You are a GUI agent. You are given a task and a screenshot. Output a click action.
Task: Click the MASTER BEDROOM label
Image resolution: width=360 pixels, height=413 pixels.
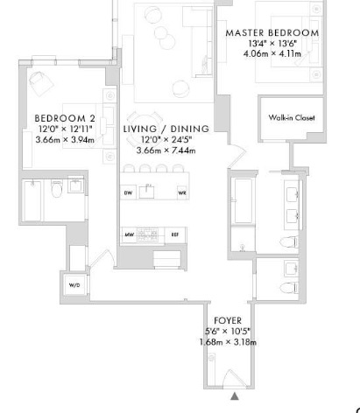click(272, 32)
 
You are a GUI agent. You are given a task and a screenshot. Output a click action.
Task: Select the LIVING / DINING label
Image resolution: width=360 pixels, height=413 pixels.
click(160, 129)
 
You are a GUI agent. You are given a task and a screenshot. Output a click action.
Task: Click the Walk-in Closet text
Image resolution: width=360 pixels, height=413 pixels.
click(291, 118)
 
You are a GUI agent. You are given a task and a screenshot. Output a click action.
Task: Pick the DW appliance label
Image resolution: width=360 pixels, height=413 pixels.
click(128, 192)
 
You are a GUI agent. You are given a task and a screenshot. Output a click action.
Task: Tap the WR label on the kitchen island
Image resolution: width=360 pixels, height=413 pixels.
click(181, 192)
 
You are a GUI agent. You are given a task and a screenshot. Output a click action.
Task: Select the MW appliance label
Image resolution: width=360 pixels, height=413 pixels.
click(128, 234)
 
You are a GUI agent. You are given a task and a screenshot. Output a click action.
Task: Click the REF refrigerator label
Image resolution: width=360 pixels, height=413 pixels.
click(174, 234)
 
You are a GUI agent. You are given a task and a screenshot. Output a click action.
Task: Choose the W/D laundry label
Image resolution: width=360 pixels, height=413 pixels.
click(74, 286)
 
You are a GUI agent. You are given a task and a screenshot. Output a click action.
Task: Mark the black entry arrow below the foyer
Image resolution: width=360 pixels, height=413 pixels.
click(234, 396)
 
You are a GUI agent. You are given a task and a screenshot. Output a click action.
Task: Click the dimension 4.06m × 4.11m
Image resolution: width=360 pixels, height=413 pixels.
click(272, 52)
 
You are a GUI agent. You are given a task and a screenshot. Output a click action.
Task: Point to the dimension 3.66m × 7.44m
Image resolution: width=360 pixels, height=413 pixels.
click(160, 150)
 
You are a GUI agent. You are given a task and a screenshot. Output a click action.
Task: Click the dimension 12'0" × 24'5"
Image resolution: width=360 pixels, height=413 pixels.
click(160, 139)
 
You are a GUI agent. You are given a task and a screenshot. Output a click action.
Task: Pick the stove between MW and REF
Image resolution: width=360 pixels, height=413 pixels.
click(151, 234)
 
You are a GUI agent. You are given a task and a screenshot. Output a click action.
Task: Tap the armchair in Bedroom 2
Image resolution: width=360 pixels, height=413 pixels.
click(40, 85)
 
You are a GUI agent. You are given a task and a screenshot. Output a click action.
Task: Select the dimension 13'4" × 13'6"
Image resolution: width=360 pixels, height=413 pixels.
click(272, 43)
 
